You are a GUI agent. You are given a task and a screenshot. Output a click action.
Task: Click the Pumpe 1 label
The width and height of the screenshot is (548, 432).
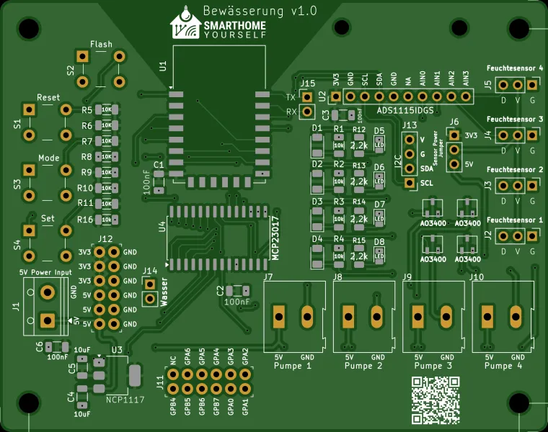click(x=293, y=366)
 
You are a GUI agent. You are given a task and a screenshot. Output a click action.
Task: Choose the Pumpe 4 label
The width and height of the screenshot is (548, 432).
click(x=503, y=366)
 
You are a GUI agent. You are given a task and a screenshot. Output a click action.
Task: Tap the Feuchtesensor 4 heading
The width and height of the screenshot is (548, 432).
click(x=515, y=68)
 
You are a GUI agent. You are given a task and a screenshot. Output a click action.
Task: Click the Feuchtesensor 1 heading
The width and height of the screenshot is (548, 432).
click(x=515, y=220)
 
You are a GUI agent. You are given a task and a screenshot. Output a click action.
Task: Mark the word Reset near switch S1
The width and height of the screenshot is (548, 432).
click(x=48, y=97)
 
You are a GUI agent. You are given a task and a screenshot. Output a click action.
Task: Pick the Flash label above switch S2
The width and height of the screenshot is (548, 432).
click(x=101, y=45)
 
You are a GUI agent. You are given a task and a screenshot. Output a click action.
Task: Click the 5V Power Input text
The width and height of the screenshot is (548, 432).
click(x=45, y=272)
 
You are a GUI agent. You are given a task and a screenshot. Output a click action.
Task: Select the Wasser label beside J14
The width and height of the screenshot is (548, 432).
click(x=164, y=292)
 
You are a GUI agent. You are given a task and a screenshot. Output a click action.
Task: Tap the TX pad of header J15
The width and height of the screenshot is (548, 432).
click(x=308, y=96)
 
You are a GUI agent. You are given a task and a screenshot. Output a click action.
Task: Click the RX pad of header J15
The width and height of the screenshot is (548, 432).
click(x=308, y=112)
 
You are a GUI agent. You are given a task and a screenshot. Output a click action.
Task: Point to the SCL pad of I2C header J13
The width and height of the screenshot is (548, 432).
click(x=410, y=183)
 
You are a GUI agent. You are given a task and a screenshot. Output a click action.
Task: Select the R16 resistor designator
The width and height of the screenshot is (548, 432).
click(x=85, y=219)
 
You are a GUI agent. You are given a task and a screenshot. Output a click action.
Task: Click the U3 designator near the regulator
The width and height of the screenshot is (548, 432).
click(x=117, y=350)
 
